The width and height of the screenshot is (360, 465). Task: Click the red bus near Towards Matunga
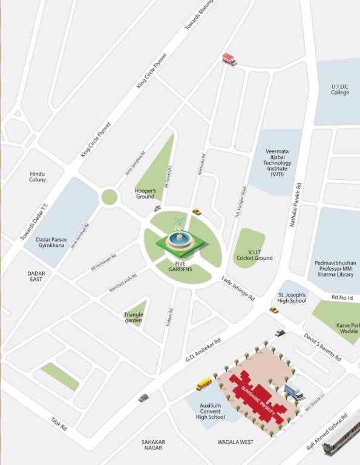tap(229, 59)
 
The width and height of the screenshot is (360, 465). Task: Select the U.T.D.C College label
tap(340, 90)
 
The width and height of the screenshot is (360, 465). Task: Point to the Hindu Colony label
tap(38, 176)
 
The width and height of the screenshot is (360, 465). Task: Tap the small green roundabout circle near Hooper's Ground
tap(109, 196)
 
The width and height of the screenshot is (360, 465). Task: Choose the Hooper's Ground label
tap(145, 193)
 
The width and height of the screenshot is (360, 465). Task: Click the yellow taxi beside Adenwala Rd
tap(196, 211)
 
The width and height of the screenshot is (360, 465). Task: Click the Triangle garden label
tap(133, 317)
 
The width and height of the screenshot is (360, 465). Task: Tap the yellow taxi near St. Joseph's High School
tap(274, 309)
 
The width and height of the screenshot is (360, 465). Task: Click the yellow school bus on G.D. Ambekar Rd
tap(205, 383)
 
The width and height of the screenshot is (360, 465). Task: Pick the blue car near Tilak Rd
tap(143, 398)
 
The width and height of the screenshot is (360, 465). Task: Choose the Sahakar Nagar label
tap(152, 444)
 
